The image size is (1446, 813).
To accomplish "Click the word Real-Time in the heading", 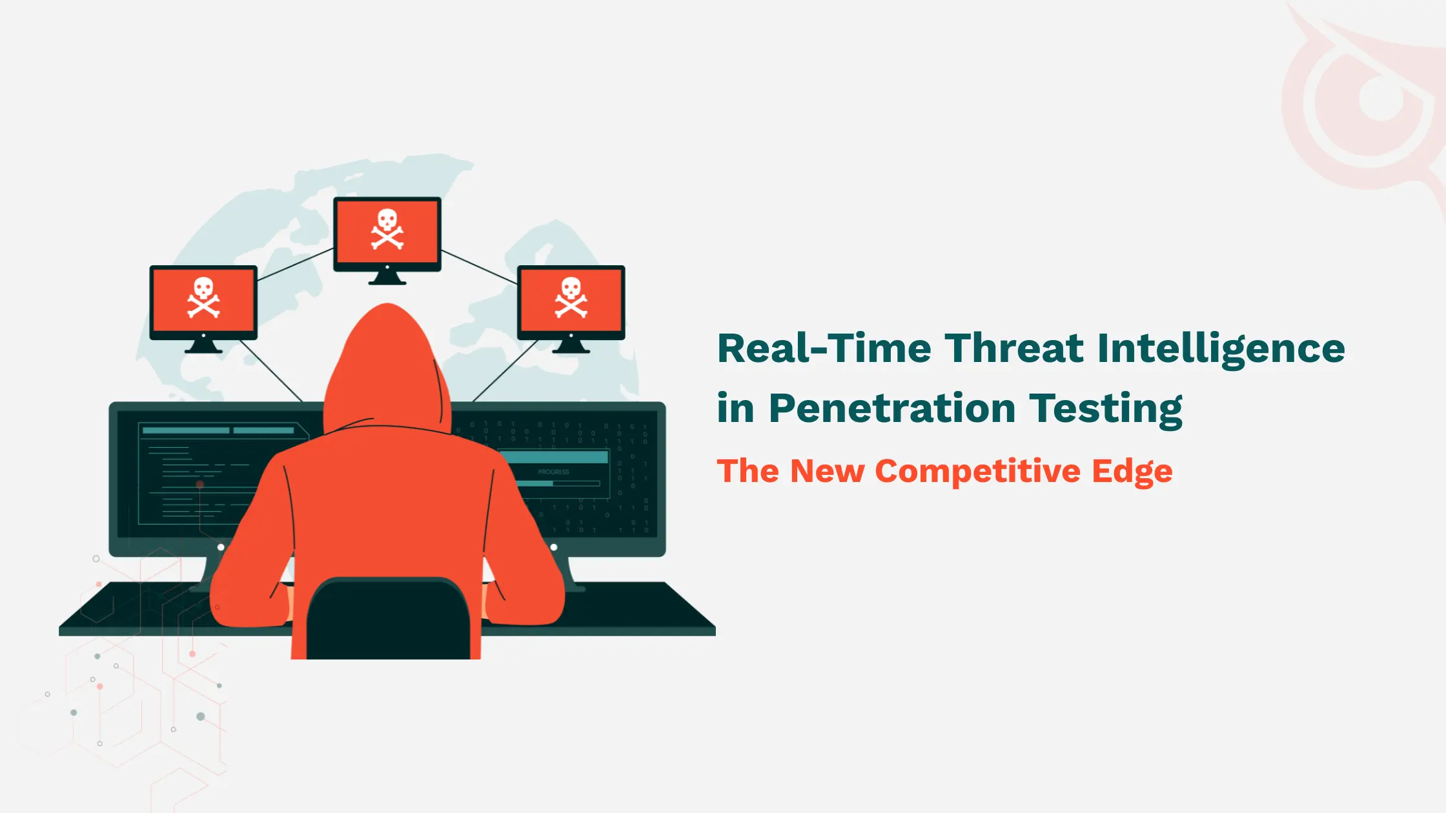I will click(x=824, y=349).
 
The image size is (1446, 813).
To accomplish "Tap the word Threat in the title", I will click(x=1014, y=349).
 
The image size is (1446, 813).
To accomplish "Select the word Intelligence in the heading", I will click(x=1221, y=349).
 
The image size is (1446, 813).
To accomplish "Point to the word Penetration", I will click(x=892, y=408).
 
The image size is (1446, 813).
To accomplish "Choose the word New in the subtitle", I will click(x=827, y=471).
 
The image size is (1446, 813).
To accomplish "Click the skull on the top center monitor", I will click(x=387, y=228).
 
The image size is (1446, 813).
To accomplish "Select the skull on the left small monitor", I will click(x=203, y=297).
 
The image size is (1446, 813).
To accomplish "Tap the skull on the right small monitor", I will click(x=571, y=297).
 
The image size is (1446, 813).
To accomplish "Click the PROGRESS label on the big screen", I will click(x=554, y=472).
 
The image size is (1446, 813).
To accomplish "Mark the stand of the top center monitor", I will click(x=387, y=277).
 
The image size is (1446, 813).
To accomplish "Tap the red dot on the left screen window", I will click(x=200, y=484).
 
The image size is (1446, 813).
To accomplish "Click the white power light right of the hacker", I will click(x=554, y=547).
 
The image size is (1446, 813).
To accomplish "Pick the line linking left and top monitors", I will click(x=295, y=265).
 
